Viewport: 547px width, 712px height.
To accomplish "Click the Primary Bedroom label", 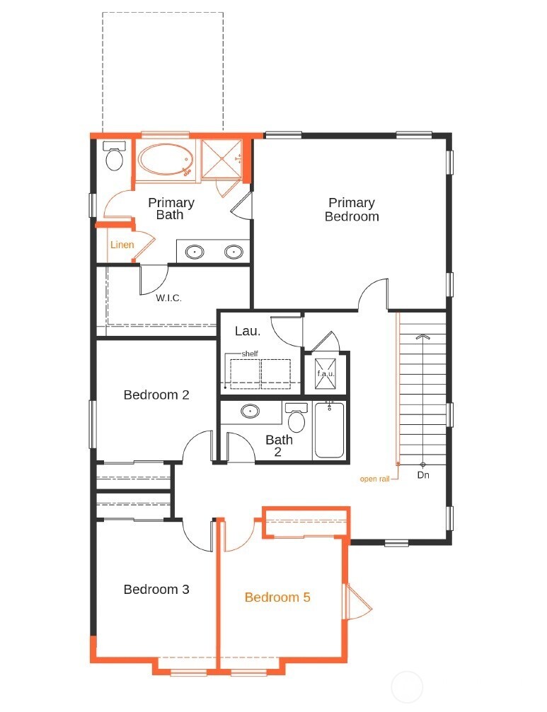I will click(x=352, y=210).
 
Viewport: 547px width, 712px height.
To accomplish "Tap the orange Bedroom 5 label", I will click(x=277, y=597).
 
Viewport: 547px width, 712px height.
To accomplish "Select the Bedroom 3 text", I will click(x=156, y=589).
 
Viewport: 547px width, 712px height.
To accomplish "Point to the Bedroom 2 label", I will click(x=156, y=395).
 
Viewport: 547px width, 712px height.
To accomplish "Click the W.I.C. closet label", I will click(x=169, y=298).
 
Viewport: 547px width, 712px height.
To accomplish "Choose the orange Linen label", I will click(x=122, y=245).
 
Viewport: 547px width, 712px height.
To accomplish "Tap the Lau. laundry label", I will click(x=248, y=330).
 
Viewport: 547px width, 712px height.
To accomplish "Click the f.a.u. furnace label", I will click(x=326, y=373).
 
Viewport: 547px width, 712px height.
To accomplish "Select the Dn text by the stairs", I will click(x=423, y=475).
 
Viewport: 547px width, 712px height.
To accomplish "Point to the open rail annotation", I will click(x=375, y=479).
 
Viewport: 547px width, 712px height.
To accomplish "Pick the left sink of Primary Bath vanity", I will click(x=195, y=251).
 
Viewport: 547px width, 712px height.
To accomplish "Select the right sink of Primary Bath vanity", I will click(x=234, y=251).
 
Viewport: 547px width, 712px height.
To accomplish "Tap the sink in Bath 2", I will click(x=250, y=411).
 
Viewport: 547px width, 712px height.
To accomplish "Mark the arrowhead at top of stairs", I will click(x=423, y=337).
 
